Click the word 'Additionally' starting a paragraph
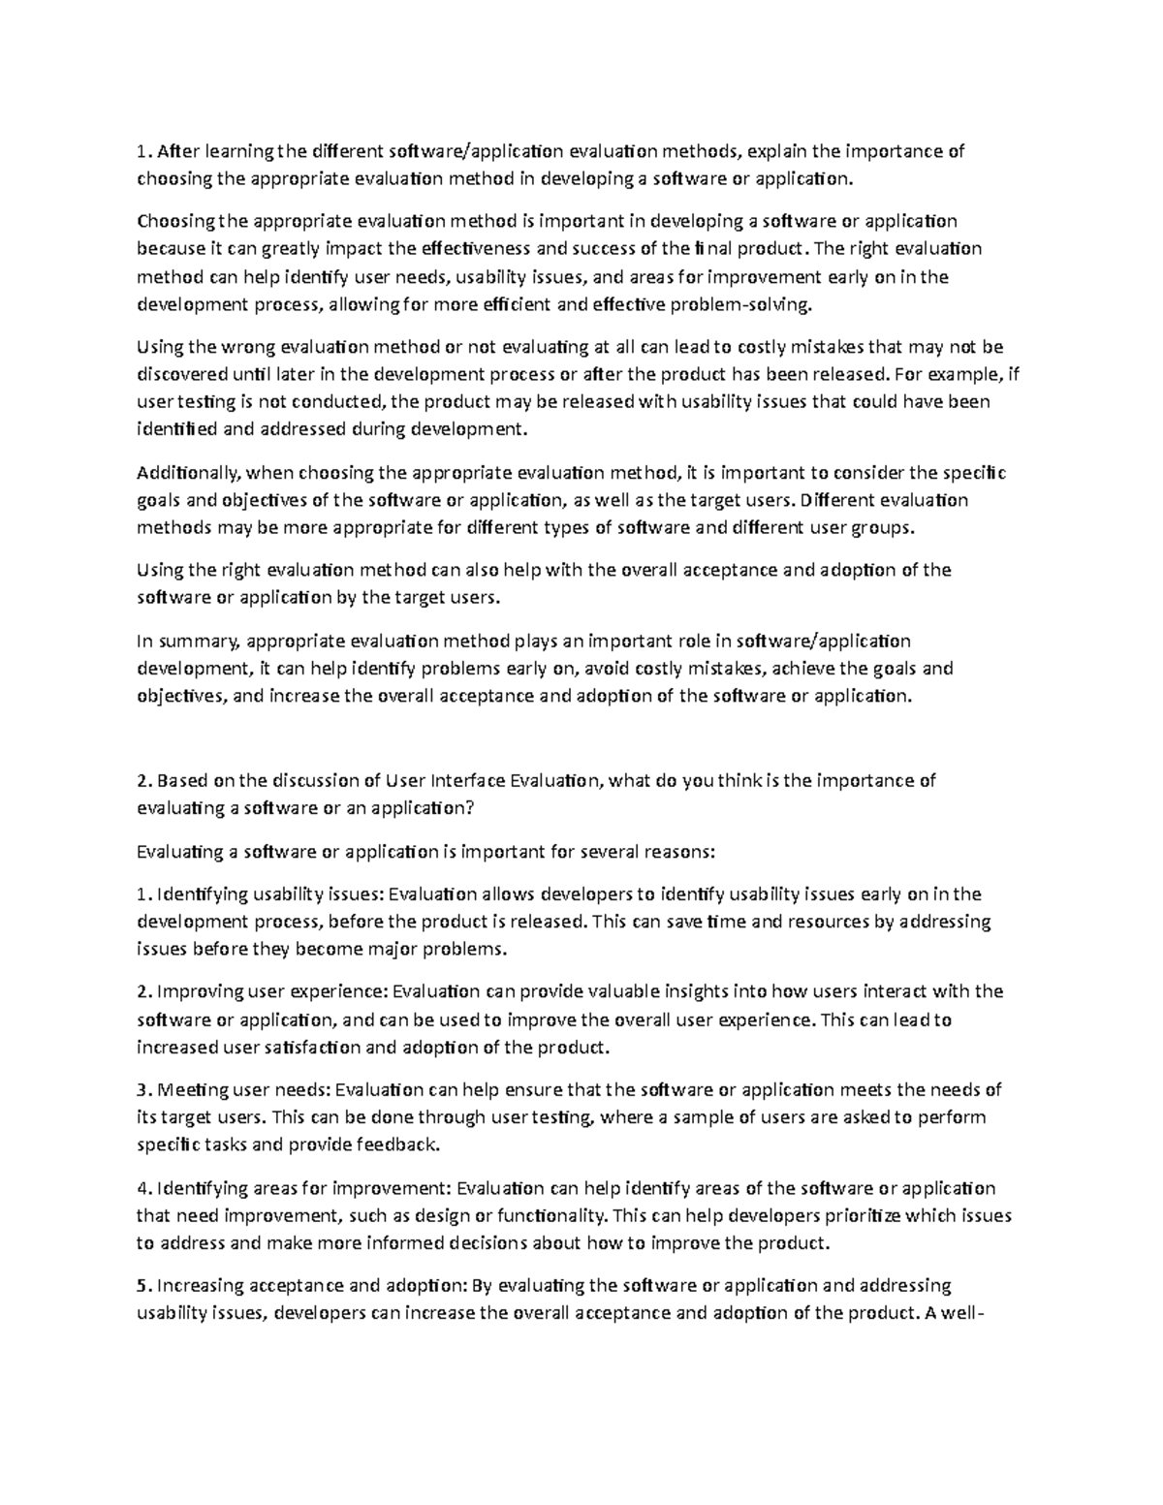pyautogui.click(x=188, y=473)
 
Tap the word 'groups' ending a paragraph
pyautogui.click(x=882, y=529)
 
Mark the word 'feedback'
pyautogui.click(x=397, y=1145)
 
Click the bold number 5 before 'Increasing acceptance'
pyautogui.click(x=142, y=1286)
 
